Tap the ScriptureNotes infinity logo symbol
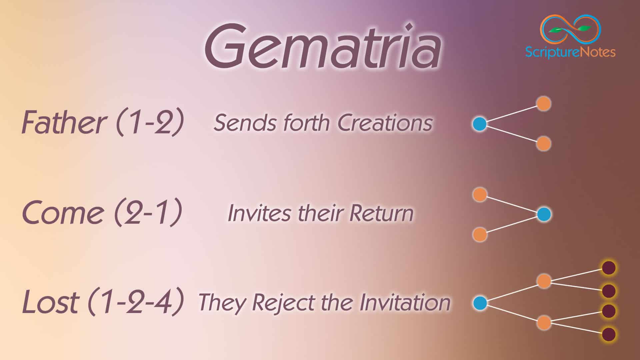pyautogui.click(x=570, y=29)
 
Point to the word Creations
pyautogui.click(x=385, y=123)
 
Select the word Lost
pyautogui.click(x=50, y=302)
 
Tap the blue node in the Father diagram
pyautogui.click(x=480, y=124)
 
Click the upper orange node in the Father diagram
pyautogui.click(x=544, y=104)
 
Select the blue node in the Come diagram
pyautogui.click(x=544, y=214)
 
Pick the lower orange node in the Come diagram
pyautogui.click(x=480, y=235)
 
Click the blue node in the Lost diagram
pyautogui.click(x=480, y=303)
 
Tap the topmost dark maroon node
pyautogui.click(x=609, y=268)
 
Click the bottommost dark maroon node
pyautogui.click(x=609, y=334)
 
